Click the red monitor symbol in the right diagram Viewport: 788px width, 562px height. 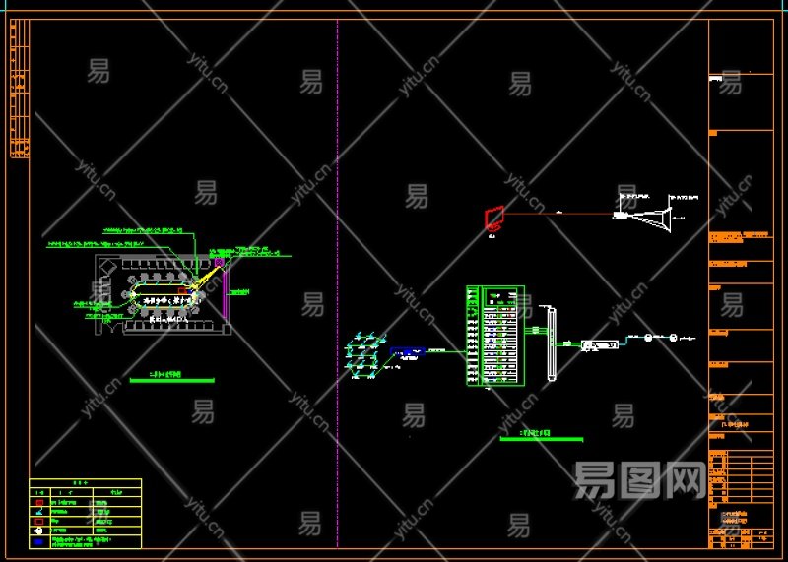coord(494,218)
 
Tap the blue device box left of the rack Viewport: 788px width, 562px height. coord(407,350)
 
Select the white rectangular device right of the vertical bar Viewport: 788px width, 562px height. coord(599,344)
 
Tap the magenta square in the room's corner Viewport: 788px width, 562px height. coord(219,263)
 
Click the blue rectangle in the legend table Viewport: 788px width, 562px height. coord(38,540)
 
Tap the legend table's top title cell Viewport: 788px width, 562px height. coord(85,483)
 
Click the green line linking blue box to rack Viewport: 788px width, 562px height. coord(445,350)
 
